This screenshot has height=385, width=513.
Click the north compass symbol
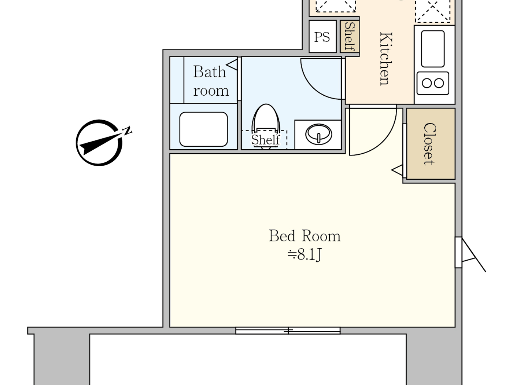pos(99,143)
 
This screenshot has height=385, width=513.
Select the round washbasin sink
pos(318,134)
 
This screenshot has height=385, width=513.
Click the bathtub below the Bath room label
pos(203,129)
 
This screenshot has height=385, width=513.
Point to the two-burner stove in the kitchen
pos(433,83)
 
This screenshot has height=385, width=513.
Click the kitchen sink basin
pos(433,49)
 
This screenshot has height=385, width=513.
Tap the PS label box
pos(322,37)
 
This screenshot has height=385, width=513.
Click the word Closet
pos(430,144)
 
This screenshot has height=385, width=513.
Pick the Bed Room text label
pos(305,236)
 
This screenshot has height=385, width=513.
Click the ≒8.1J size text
pos(305,254)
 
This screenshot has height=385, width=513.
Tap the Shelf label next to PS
pos(350,37)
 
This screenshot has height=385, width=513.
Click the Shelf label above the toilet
pos(265,140)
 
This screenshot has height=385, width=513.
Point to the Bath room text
pos(210,81)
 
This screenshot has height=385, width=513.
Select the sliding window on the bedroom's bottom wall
pos(288,331)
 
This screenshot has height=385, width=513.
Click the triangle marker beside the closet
pos(397,170)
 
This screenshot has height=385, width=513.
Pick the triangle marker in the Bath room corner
pos(232,65)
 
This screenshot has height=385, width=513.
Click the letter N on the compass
pos(127,131)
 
